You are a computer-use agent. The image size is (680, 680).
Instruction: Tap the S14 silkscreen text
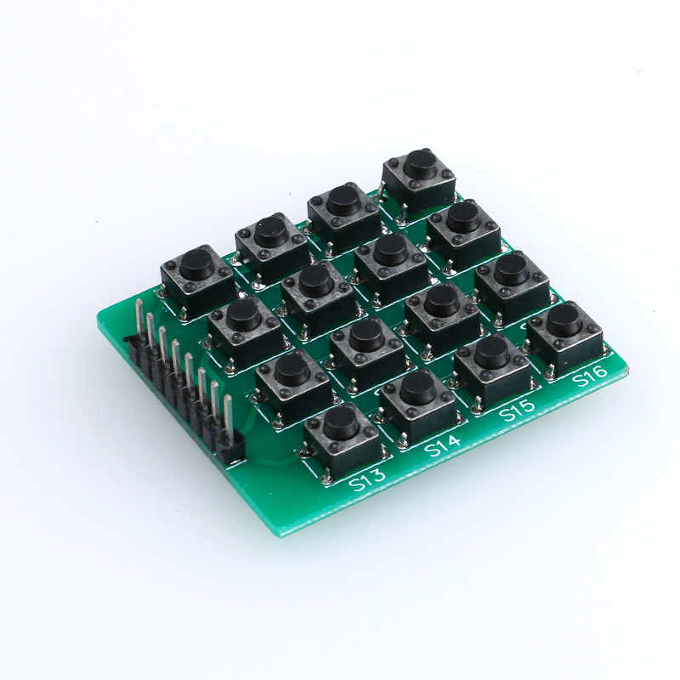click(x=442, y=445)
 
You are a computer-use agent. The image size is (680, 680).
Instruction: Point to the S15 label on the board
click(x=516, y=411)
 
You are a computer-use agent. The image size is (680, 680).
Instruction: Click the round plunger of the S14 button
click(x=417, y=388)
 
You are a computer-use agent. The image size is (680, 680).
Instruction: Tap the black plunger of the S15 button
click(x=491, y=352)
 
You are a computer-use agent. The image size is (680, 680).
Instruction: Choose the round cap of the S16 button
click(x=563, y=320)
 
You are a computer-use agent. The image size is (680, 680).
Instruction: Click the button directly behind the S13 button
click(x=292, y=369)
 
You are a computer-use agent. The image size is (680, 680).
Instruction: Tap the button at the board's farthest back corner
click(x=417, y=163)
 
